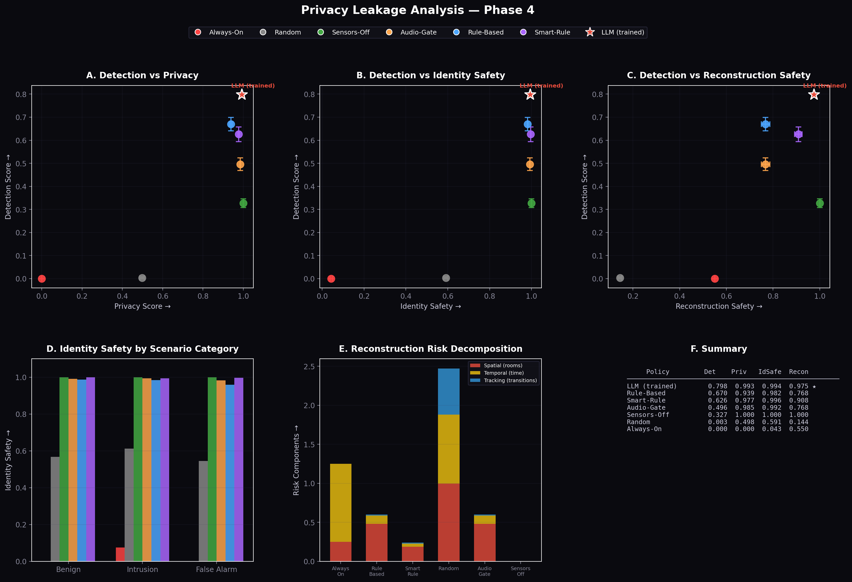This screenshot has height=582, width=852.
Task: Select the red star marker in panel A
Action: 242,95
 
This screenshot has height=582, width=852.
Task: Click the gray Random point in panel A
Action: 142,278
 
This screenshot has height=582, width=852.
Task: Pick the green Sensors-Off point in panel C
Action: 820,203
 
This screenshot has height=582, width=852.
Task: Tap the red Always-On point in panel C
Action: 715,279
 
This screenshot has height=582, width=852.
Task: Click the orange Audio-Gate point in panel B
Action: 530,164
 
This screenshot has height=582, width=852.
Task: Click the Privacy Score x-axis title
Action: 142,306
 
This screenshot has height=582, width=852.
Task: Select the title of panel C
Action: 719,75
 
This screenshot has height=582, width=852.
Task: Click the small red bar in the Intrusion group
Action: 120,554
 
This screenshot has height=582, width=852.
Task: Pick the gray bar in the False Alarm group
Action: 203,511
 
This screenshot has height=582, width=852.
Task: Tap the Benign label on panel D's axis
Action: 68,570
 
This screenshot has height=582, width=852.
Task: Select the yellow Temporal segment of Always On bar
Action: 341,502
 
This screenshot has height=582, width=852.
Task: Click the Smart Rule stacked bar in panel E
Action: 412,552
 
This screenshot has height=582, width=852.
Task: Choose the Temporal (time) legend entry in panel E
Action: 503,373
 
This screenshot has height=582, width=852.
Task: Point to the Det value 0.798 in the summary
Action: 717,386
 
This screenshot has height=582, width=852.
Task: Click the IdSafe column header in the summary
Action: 770,372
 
